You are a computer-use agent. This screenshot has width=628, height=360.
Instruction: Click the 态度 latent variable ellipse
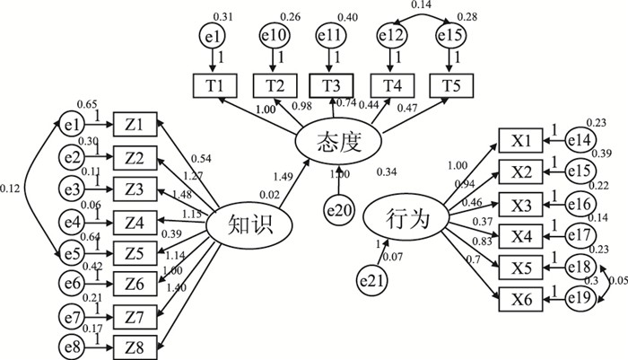(340, 141)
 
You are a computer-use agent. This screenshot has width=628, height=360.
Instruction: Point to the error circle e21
(374, 279)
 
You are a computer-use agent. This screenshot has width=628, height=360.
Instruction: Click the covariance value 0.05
(617, 282)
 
